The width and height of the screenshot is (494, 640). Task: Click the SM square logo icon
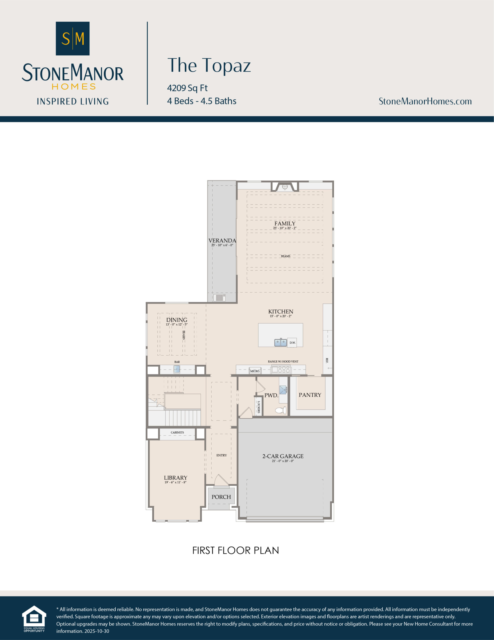[x=73, y=38]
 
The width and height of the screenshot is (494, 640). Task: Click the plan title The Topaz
[x=209, y=65]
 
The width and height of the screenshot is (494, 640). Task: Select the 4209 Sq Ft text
[x=187, y=88]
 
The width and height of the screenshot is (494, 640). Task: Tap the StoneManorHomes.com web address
[x=425, y=101]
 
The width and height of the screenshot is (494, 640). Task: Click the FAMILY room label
[x=285, y=223]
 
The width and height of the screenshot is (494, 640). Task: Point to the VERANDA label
[x=222, y=240]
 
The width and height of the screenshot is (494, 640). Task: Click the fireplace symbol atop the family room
[x=285, y=187]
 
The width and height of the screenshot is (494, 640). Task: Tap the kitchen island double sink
[x=280, y=342]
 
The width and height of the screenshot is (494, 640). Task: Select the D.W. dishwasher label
[x=292, y=342]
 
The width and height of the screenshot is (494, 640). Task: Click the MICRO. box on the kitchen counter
[x=255, y=371]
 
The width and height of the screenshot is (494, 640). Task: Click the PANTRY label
[x=310, y=395]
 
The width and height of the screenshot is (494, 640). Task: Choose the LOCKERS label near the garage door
[x=258, y=407]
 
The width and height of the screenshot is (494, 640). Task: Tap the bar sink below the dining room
[x=177, y=369]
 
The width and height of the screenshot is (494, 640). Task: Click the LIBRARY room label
[x=175, y=478]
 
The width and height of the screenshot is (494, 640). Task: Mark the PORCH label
[x=221, y=497]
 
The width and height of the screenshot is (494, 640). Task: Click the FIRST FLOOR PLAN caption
[x=236, y=550]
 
